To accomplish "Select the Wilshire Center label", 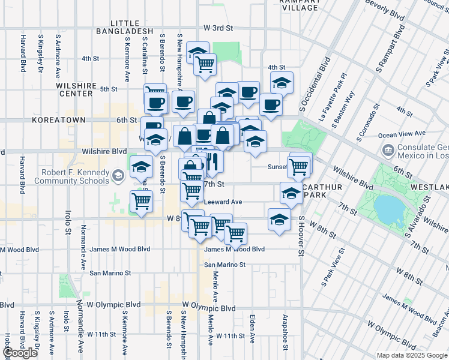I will pos(76,89).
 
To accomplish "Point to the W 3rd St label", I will pos(217,28).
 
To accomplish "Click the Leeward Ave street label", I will pos(223,202).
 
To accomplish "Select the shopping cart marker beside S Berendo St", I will pos(141,201).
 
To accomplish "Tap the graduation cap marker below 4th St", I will pos(281,82).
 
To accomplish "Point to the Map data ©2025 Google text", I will pos(411,355).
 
